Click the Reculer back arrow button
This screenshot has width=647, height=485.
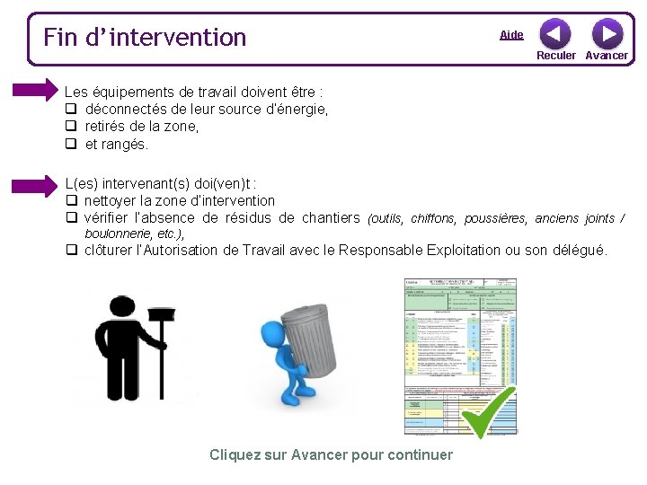[554, 34]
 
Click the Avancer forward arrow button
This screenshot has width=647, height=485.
[607, 34]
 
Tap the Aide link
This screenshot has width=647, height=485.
[511, 35]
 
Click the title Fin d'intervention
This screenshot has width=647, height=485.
[145, 37]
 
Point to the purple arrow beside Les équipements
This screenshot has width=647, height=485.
[35, 89]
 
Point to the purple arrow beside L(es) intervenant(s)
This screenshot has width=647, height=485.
[35, 186]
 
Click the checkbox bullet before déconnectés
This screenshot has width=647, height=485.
[69, 110]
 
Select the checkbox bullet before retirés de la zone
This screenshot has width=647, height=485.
[69, 127]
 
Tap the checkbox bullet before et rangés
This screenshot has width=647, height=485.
[69, 144]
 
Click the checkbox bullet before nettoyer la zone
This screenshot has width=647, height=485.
[69, 201]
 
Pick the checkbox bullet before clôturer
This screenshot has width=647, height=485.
[69, 251]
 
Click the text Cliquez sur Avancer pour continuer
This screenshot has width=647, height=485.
[331, 454]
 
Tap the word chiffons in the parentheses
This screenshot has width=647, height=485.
[433, 218]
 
